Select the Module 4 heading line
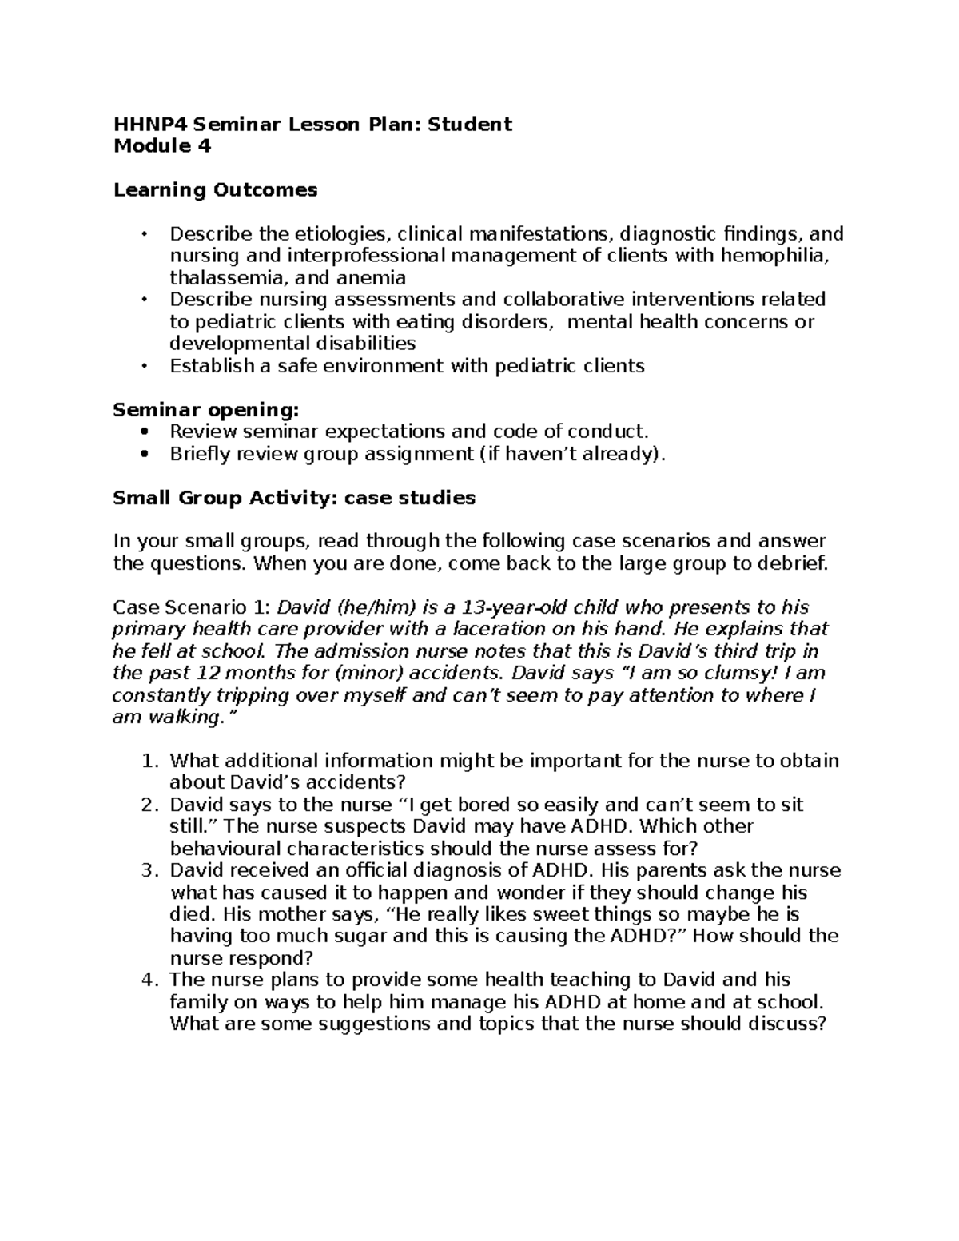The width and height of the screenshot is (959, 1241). coord(162,146)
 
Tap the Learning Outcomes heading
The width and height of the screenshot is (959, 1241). coord(216,190)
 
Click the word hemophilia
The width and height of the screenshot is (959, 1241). coord(775,256)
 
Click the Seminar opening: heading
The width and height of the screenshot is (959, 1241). coord(206,410)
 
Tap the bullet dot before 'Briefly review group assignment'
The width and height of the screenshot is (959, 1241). coord(144,454)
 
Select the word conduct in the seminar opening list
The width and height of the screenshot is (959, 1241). coord(608,432)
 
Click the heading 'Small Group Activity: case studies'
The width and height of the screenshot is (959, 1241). coord(294,498)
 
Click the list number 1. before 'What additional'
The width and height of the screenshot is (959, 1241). coord(149,761)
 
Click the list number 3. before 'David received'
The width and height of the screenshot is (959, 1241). coord(149,870)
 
